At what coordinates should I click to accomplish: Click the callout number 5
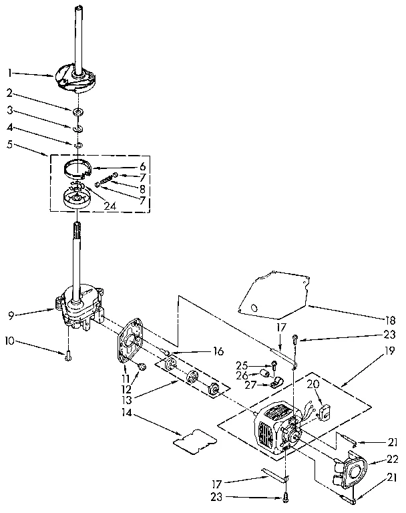[9, 143]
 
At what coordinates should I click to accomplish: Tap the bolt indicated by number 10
[67, 356]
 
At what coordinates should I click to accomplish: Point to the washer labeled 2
[78, 109]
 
